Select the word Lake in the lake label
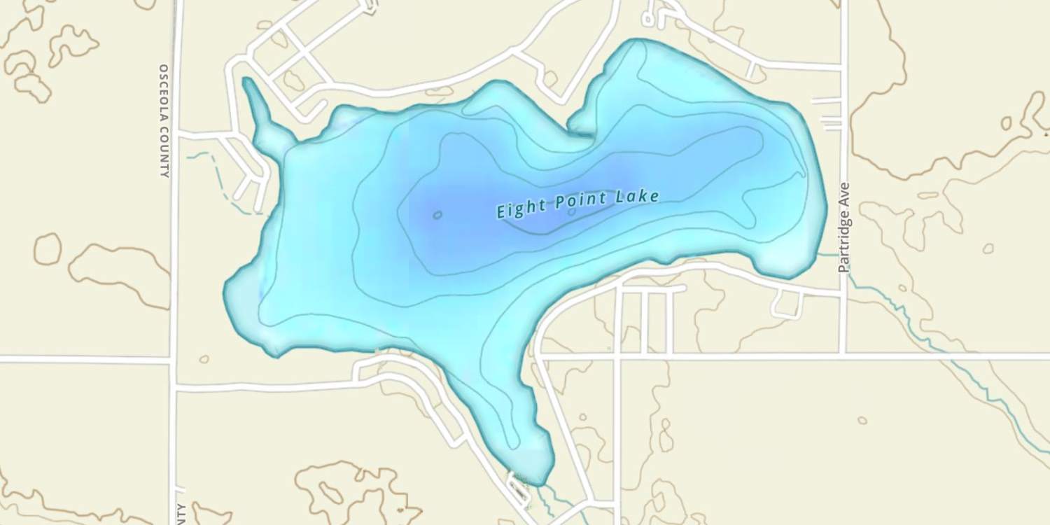tap(637, 197)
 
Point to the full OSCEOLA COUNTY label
tap(164, 120)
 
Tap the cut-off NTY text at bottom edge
tap(181, 514)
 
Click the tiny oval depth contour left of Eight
tap(437, 215)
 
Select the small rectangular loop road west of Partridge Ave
tap(787, 304)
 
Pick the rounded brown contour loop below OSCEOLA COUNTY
tap(48, 248)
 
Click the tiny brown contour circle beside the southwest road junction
tap(204, 359)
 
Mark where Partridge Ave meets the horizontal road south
tap(843, 356)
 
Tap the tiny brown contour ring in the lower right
tap(862, 420)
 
